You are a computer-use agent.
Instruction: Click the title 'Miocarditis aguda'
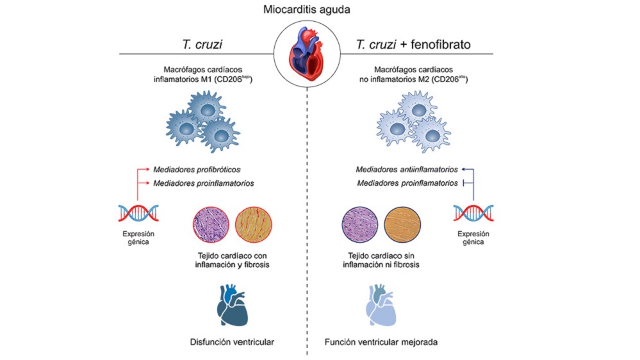click(x=306, y=10)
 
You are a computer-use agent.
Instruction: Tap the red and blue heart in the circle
click(x=306, y=53)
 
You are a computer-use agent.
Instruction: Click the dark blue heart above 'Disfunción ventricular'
click(x=233, y=306)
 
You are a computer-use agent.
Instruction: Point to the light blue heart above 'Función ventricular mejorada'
click(x=381, y=306)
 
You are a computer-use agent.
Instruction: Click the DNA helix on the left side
click(x=138, y=213)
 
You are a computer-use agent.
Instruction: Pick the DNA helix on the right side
click(x=473, y=213)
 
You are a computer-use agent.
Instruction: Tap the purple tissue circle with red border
click(x=211, y=225)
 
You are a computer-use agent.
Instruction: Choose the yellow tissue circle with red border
click(x=254, y=225)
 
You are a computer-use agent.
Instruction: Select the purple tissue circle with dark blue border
click(x=359, y=225)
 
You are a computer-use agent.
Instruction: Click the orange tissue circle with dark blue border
click(x=402, y=225)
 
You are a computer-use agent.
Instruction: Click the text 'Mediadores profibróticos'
click(x=197, y=169)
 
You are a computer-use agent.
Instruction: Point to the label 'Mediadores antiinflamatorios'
click(x=407, y=169)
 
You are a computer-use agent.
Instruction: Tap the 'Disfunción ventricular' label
click(x=232, y=342)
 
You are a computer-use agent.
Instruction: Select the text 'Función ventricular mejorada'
click(x=381, y=342)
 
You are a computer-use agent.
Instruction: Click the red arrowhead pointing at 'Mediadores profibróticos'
click(x=148, y=169)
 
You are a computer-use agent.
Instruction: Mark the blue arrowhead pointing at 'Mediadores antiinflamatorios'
click(x=463, y=169)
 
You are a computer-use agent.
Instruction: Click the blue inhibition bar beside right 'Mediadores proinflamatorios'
click(x=464, y=183)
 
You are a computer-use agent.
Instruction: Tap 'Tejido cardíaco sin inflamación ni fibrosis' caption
click(x=381, y=260)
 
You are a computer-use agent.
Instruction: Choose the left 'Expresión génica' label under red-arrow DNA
click(x=138, y=238)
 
